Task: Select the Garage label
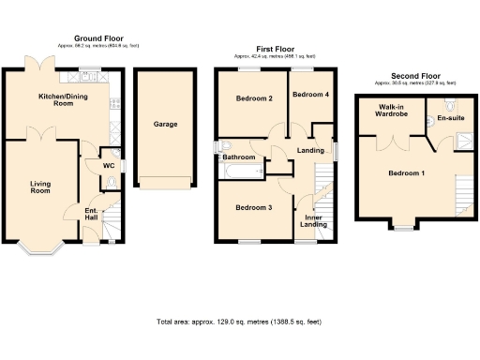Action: coord(165,124)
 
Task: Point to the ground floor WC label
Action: coord(95,166)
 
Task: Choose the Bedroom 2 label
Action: coord(254,98)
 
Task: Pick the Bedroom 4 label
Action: coord(309,95)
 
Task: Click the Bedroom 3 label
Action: coord(254,207)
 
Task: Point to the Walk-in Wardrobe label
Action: coord(391,112)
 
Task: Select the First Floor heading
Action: coord(274,48)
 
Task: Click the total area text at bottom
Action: coord(239,322)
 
